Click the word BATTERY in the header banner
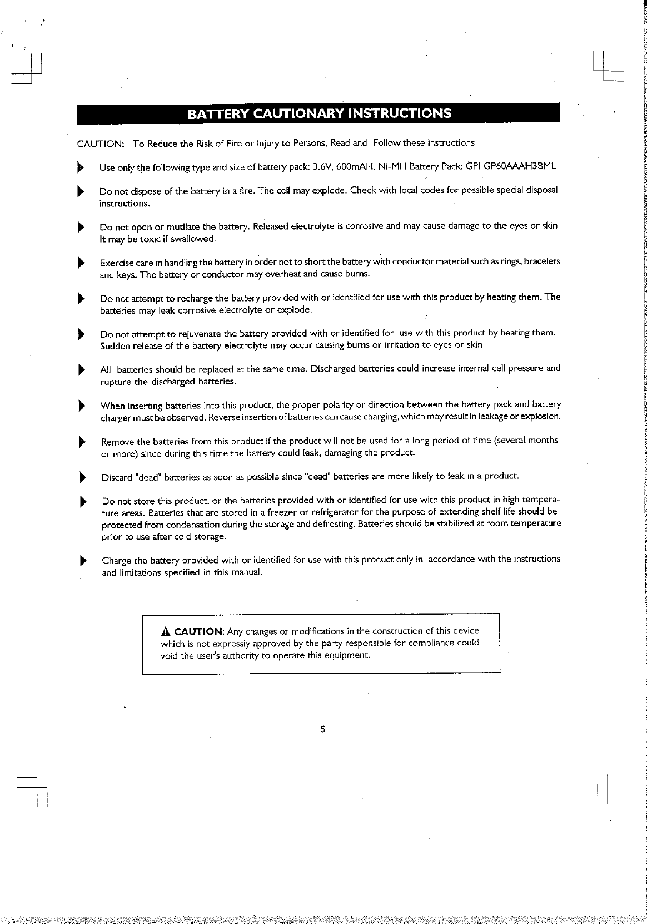pos(217,115)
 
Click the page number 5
pos(322,729)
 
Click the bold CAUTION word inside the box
pos(198,631)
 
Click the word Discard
pos(117,477)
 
